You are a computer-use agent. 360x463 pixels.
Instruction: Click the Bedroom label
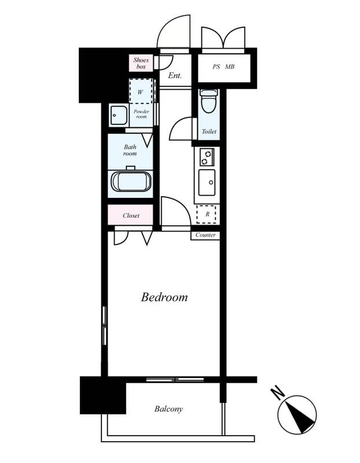(164, 297)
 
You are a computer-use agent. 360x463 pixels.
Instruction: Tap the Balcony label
(168, 409)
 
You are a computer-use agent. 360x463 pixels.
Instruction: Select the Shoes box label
(141, 63)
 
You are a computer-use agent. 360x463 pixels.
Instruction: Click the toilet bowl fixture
(209, 101)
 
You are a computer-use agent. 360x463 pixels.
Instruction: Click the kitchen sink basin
(207, 182)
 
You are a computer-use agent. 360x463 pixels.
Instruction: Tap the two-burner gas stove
(207, 157)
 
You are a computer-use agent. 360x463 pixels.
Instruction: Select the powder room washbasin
(119, 115)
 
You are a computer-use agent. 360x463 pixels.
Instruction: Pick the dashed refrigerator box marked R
(207, 214)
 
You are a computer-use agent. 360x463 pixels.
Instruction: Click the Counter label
(205, 235)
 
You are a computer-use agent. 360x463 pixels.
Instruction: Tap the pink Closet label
(131, 215)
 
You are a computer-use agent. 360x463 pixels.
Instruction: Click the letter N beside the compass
(277, 393)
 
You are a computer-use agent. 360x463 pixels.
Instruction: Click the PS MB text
(223, 67)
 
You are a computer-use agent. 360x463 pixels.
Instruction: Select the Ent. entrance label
(175, 76)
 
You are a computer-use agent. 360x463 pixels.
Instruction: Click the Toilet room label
(209, 131)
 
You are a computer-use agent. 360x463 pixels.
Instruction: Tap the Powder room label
(141, 114)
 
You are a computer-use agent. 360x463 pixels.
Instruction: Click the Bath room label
(130, 150)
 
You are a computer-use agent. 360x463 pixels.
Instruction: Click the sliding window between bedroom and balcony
(175, 380)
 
